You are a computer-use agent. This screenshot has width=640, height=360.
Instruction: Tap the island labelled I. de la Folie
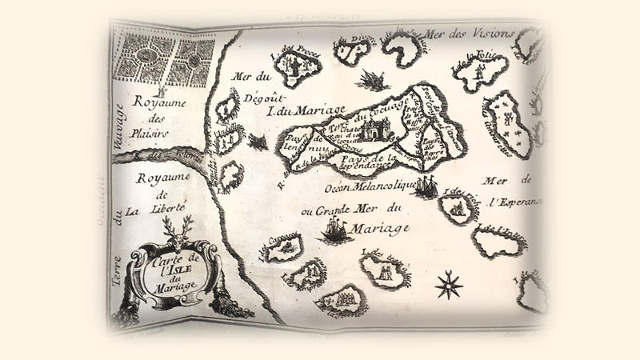coord(481,73)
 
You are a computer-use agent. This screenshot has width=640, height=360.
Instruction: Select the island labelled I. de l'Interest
coord(499,242)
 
